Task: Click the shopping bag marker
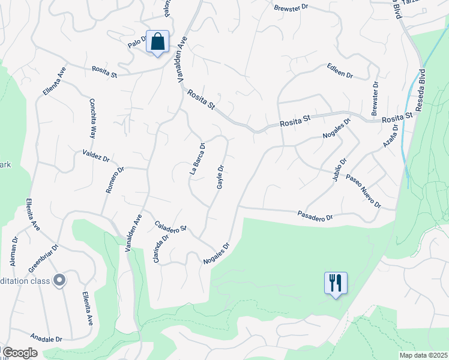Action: tap(157, 43)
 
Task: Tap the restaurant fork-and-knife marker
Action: tap(336, 283)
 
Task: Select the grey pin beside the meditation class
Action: tap(59, 280)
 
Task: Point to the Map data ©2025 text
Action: tap(423, 355)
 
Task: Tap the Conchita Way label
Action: tap(93, 119)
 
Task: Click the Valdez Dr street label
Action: tap(96, 156)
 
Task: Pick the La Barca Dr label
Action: tap(197, 158)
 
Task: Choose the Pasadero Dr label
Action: tap(315, 216)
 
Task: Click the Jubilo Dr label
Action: tap(339, 170)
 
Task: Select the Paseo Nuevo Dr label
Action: tap(364, 192)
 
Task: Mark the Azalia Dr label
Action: tap(391, 135)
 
